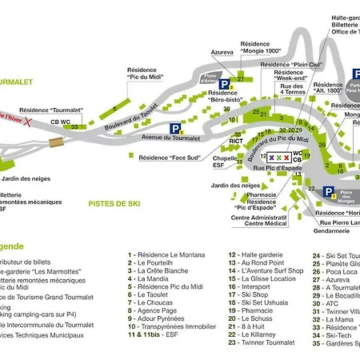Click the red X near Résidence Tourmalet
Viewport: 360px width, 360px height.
29,122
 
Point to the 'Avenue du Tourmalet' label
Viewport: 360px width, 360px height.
169,138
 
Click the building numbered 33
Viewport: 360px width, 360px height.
75,126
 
